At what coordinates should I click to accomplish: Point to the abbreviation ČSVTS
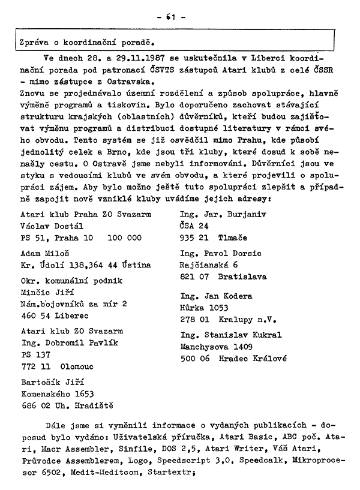pos(156,73)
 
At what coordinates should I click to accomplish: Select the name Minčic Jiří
pos(47,292)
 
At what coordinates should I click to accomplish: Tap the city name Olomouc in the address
pos(84,366)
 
